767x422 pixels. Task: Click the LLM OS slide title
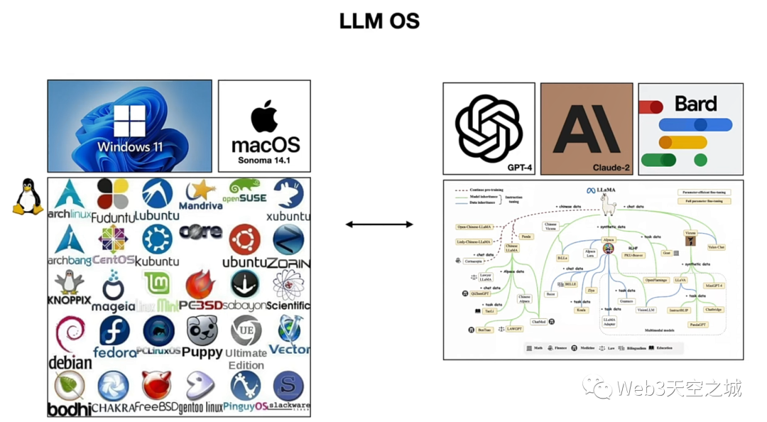pos(379,21)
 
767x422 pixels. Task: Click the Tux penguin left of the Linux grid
pos(28,197)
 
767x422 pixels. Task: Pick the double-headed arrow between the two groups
pos(379,224)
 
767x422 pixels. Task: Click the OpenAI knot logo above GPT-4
pos(489,128)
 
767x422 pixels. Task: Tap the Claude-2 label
pos(612,168)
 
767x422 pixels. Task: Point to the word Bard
pos(695,104)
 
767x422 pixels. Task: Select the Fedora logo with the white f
pos(114,331)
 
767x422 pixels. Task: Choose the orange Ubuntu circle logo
pos(245,239)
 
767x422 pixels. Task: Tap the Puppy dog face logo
pos(202,330)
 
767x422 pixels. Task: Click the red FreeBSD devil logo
pos(156,386)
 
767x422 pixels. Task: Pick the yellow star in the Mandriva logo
pos(204,189)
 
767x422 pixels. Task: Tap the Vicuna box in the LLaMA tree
pos(690,233)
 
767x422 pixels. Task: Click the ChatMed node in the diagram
pos(538,322)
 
